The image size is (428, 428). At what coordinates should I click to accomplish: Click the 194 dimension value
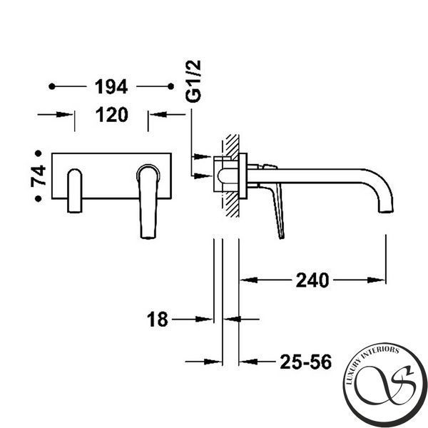(111, 87)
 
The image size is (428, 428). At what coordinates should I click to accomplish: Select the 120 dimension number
(112, 115)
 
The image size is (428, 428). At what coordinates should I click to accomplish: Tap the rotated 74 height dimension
(39, 175)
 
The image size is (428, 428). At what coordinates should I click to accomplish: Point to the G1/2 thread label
(193, 81)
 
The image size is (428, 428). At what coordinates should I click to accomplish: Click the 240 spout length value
(312, 280)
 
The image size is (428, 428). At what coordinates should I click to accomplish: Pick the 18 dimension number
(157, 320)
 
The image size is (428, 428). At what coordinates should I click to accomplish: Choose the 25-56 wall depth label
(306, 362)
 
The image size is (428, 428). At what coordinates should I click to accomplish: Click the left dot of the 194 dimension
(52, 86)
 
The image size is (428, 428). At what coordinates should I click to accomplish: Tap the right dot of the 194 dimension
(171, 86)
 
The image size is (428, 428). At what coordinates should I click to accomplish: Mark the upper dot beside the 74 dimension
(39, 153)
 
